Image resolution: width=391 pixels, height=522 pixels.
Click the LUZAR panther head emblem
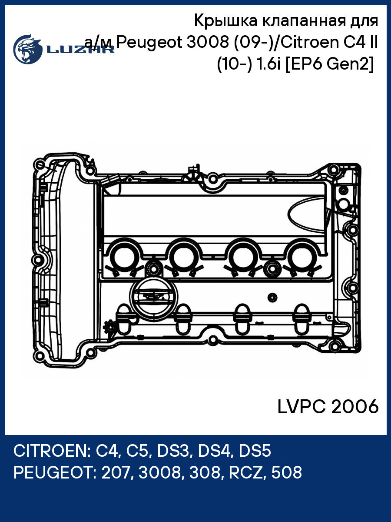pos(27,47)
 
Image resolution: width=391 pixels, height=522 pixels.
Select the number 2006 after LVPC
pos(355,407)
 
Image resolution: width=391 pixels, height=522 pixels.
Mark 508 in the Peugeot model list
pos(286,472)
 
